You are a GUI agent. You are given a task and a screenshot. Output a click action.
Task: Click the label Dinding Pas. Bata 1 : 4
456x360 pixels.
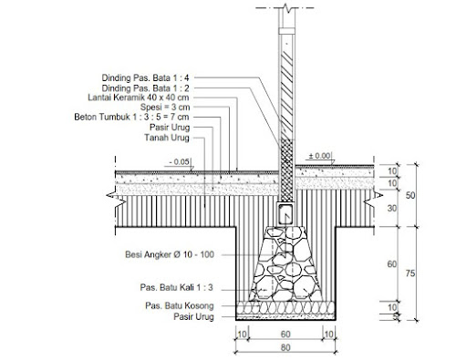coord(145,77)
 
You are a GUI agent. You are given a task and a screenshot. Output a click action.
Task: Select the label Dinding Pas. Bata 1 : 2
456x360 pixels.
coord(145,88)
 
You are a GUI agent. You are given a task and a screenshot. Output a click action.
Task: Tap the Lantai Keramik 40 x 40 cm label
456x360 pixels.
coord(139,98)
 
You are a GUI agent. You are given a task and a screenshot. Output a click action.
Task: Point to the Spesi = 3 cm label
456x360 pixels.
coord(165,107)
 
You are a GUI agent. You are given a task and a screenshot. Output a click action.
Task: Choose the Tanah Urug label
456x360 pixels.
coord(167,138)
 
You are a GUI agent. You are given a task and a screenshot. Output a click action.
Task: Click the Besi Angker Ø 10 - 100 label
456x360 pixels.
coord(170,254)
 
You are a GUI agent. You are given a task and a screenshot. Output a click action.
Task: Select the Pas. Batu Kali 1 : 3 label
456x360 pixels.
coord(177,287)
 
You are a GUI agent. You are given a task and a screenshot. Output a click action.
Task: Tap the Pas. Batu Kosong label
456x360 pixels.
coord(180,305)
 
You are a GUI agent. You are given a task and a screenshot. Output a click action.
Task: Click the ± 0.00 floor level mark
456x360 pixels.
coord(319,156)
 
